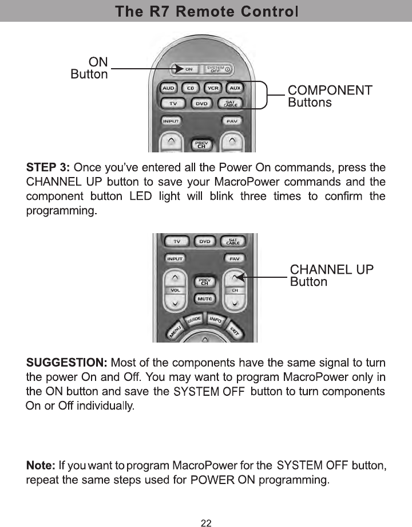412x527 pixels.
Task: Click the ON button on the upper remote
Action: [187, 69]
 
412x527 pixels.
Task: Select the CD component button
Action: [191, 89]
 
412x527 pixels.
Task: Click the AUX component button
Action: [235, 89]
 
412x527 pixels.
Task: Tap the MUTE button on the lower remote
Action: [204, 298]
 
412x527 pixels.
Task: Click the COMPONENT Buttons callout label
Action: [330, 96]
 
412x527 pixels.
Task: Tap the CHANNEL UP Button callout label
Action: [332, 276]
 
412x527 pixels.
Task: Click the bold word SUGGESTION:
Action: [67, 363]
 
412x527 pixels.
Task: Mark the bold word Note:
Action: [41, 464]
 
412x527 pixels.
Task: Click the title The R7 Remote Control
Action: [206, 11]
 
